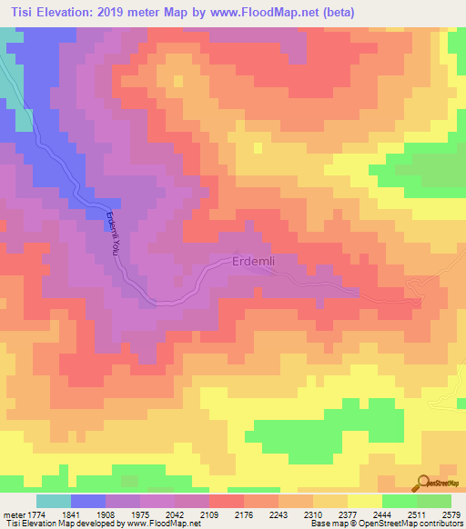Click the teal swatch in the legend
coord(53,501)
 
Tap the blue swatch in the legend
coord(87,501)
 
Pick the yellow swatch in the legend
coord(364,501)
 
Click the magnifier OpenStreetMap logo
coord(423,484)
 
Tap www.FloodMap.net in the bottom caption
coord(165,524)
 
